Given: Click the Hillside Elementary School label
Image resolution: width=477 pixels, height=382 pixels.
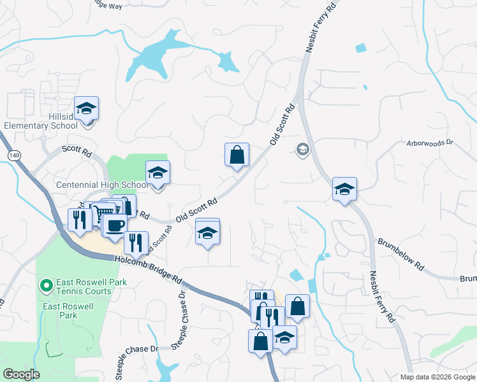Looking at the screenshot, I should tap(41, 121).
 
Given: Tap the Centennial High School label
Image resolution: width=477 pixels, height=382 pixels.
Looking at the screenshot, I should tap(102, 185).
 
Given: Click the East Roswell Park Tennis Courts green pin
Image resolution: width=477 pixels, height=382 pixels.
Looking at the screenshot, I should tap(46, 286).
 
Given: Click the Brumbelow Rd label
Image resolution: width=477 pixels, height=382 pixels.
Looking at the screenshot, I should tap(400, 252).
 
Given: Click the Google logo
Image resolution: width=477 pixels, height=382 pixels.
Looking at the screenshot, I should tap(22, 374).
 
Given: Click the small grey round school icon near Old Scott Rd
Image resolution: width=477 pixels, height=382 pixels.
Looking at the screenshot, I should tap(302, 150).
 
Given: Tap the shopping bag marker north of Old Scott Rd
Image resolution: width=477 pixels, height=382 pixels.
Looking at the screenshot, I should tap(237, 155).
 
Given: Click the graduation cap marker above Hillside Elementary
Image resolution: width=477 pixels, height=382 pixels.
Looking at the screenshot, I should tap(86, 109).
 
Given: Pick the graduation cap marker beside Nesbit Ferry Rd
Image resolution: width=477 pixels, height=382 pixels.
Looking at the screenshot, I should tap(344, 189).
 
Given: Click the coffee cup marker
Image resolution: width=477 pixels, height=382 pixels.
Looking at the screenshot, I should tap(115, 225).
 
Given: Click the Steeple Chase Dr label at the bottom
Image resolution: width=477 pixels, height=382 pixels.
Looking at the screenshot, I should tap(136, 350).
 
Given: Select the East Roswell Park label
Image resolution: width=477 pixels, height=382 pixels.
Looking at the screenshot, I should tap(59, 311).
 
